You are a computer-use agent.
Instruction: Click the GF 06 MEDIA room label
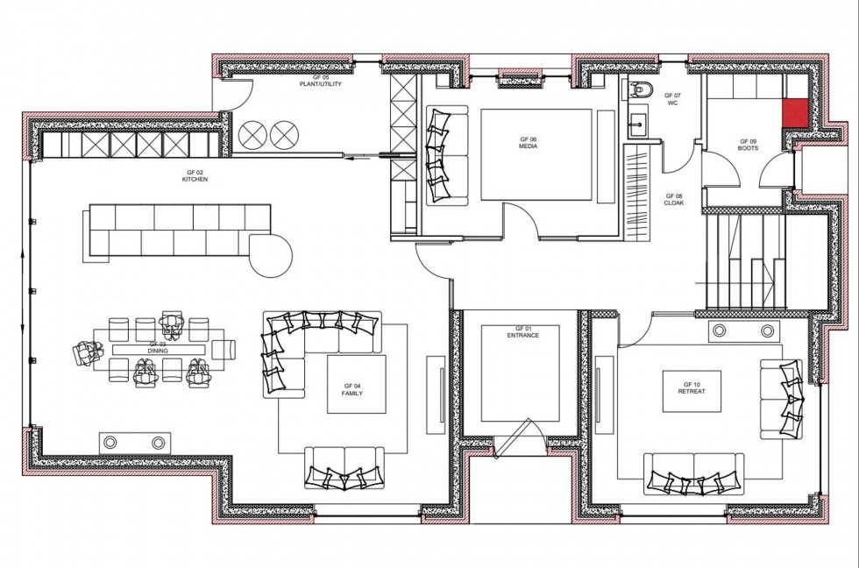(x=528, y=143)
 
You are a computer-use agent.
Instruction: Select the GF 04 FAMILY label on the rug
(x=352, y=390)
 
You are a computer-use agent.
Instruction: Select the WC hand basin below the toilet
(x=637, y=124)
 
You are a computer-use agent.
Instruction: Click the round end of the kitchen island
(x=273, y=255)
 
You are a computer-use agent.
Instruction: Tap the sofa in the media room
(x=438, y=156)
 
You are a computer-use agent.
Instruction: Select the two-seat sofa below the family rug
(x=344, y=466)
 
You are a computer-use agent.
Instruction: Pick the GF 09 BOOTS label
(x=748, y=145)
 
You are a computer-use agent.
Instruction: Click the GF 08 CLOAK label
(x=673, y=200)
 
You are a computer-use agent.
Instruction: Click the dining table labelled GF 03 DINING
(x=158, y=349)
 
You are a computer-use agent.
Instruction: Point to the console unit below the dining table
(x=133, y=441)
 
